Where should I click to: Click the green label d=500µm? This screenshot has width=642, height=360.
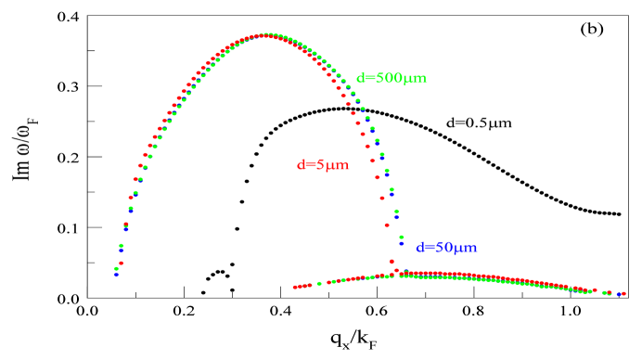tap(391, 79)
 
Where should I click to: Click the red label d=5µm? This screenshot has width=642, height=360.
tap(323, 165)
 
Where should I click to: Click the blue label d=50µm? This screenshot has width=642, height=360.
tap(446, 248)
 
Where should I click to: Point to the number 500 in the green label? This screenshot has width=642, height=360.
tap(388, 79)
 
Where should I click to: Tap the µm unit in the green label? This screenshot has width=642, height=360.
tap(416, 80)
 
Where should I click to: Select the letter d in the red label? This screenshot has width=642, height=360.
tap(301, 165)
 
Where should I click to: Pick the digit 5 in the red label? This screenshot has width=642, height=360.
tap(321, 165)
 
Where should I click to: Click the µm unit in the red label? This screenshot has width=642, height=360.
tap(338, 166)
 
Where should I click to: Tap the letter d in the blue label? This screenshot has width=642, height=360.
tap(419, 248)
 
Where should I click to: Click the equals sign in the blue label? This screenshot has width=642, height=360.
tap(430, 248)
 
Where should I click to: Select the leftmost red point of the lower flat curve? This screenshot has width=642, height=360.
tap(295, 288)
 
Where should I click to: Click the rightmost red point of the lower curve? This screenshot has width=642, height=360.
tap(624, 293)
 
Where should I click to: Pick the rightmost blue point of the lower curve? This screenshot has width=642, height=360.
tap(619, 294)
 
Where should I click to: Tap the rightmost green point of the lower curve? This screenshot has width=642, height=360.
tap(605, 292)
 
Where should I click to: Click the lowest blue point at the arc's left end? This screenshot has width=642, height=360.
tap(116, 275)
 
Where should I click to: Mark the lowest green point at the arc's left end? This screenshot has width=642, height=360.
tap(116, 269)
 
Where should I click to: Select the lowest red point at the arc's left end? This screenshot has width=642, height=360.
tap(121, 263)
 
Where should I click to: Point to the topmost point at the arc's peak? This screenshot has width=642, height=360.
tap(267, 34)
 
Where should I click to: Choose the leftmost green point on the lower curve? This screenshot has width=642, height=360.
tap(319, 284)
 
